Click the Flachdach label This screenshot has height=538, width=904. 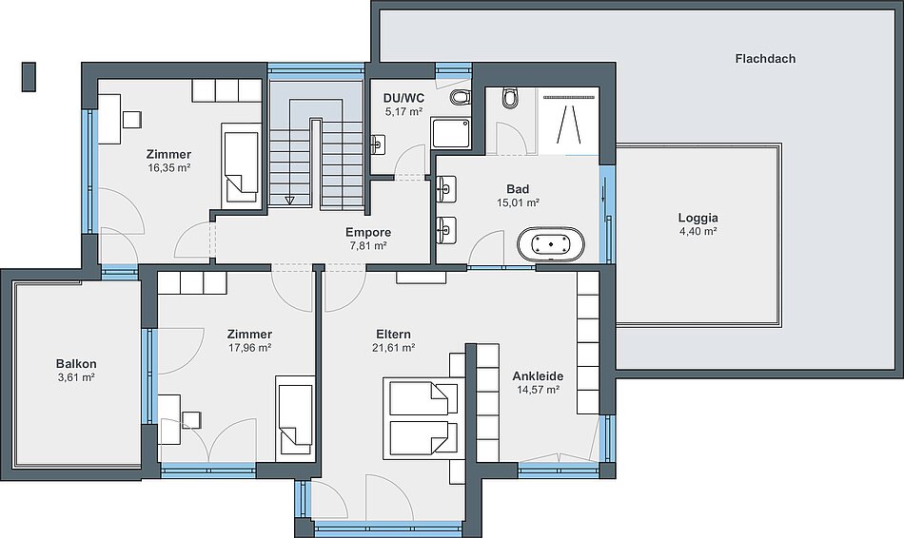[765, 59]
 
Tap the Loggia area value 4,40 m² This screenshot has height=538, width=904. [698, 232]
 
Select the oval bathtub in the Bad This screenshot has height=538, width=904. [551, 244]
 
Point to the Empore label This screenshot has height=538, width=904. [368, 232]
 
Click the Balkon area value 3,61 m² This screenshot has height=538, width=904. [76, 378]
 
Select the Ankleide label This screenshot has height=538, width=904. [538, 376]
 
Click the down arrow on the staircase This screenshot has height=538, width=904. [289, 200]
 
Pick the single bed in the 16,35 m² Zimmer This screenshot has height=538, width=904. [241, 166]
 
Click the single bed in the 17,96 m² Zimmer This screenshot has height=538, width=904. [295, 416]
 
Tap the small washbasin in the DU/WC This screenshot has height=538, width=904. [377, 144]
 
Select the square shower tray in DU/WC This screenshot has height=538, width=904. [450, 133]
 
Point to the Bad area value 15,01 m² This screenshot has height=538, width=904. [518, 202]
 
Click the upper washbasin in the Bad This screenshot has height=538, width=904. [446, 188]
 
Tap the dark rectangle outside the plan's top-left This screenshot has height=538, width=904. [29, 77]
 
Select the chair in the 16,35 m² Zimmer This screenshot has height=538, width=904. [132, 119]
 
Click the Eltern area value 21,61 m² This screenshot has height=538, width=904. [394, 348]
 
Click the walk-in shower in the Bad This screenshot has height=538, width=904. [568, 121]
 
